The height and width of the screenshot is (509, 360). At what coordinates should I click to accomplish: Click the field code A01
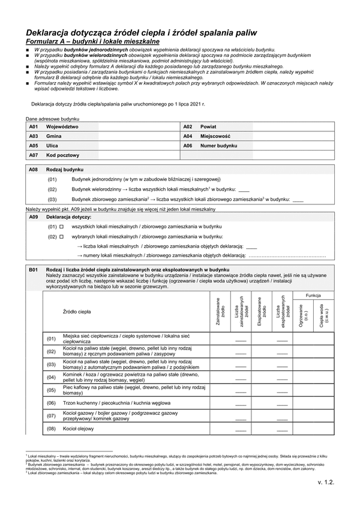pyautogui.click(x=34, y=127)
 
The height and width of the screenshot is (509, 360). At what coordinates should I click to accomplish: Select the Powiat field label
pyautogui.click(x=208, y=127)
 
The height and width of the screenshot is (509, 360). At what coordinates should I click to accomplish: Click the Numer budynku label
pyautogui.click(x=219, y=146)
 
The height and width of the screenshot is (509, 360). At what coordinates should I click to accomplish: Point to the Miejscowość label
pyautogui.click(x=216, y=136)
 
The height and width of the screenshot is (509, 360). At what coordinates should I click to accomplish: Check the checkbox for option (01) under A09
pyautogui.click(x=61, y=227)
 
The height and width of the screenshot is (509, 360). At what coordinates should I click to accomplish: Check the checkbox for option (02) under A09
pyautogui.click(x=61, y=237)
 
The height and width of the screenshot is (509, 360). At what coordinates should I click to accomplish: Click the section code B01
pyautogui.click(x=34, y=270)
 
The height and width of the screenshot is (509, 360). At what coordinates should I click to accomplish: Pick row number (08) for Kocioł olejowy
pyautogui.click(x=52, y=429)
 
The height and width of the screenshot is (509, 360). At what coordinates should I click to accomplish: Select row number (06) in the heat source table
pyautogui.click(x=52, y=403)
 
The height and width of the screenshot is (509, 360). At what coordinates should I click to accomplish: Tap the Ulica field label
pyautogui.click(x=52, y=146)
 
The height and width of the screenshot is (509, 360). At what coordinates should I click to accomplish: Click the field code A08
pyautogui.click(x=34, y=170)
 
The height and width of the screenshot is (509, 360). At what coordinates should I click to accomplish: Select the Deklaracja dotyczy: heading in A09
pyautogui.click(x=68, y=217)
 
